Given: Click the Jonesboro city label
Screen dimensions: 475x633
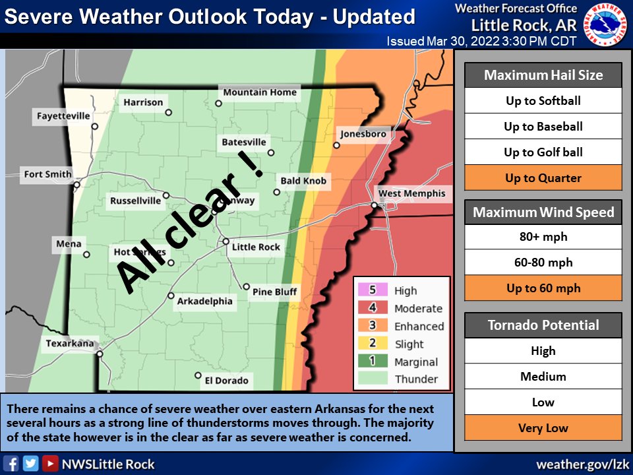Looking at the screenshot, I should [363, 135].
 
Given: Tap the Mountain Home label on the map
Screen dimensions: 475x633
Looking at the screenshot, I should [260, 92].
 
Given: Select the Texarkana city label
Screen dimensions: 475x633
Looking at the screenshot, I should [71, 344].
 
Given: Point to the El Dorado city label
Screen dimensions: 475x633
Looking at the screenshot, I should [227, 381].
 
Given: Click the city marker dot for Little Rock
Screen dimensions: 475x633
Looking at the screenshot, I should [226, 241].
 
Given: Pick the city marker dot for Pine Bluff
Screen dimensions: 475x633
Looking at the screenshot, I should [246, 287].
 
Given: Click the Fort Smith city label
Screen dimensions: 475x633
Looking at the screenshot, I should [47, 175].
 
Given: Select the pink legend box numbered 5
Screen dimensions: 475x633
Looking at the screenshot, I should [371, 290].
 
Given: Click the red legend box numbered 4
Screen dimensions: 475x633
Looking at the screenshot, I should [371, 308].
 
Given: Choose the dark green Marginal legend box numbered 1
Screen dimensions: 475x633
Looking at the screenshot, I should [371, 362].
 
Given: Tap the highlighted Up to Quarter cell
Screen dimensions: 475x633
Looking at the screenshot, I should [543, 178].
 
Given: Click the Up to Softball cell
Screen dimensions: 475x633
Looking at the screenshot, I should [543, 101].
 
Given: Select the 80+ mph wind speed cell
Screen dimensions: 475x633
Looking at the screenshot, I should [543, 237].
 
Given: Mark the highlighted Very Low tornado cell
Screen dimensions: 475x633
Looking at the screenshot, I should [543, 428].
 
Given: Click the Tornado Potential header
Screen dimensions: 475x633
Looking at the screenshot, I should [543, 325].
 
